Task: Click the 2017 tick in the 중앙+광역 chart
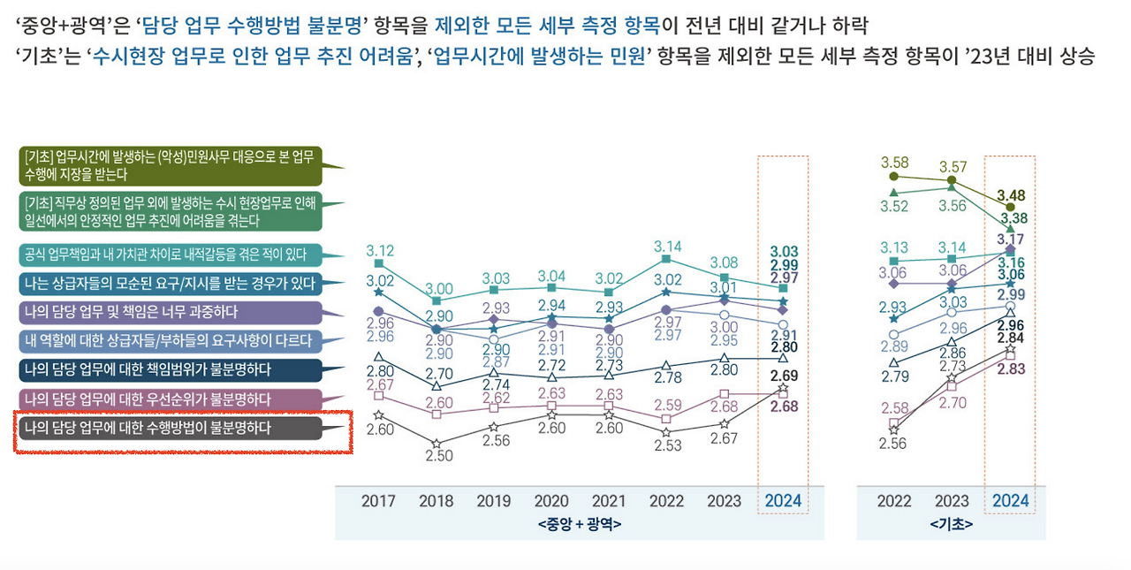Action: click(378, 501)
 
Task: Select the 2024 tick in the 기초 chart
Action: click(1010, 501)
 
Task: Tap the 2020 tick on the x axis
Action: click(551, 501)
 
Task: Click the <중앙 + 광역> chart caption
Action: click(579, 524)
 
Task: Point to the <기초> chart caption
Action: click(951, 524)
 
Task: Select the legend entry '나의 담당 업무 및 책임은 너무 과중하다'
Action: click(168, 312)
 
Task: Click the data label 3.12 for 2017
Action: click(380, 250)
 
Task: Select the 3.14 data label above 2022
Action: click(667, 246)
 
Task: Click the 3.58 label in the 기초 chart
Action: click(894, 163)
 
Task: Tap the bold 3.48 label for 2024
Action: click(1011, 194)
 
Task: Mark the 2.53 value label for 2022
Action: click(667, 445)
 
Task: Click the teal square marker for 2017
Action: click(379, 263)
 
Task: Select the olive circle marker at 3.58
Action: click(894, 177)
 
